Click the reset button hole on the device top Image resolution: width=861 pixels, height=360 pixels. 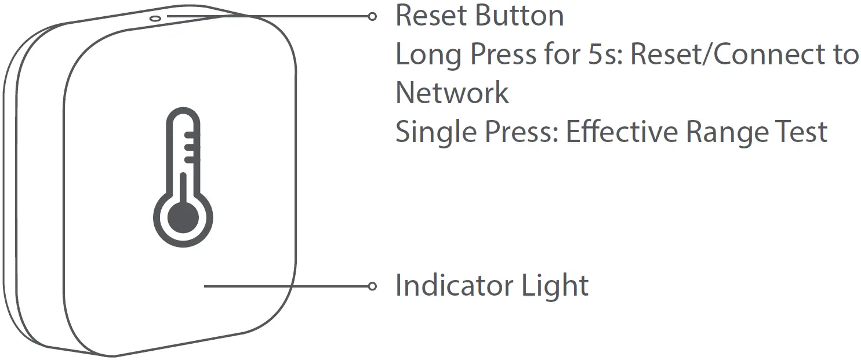point(155,18)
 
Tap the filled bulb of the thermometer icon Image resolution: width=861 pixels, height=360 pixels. point(183,219)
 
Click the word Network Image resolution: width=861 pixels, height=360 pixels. point(452,93)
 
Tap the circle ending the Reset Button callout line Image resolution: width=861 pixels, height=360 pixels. point(373,16)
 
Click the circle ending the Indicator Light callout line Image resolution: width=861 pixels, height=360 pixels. point(373,286)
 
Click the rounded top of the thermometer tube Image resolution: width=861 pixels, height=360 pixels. point(183,114)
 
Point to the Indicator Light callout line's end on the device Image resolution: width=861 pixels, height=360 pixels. point(206,286)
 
